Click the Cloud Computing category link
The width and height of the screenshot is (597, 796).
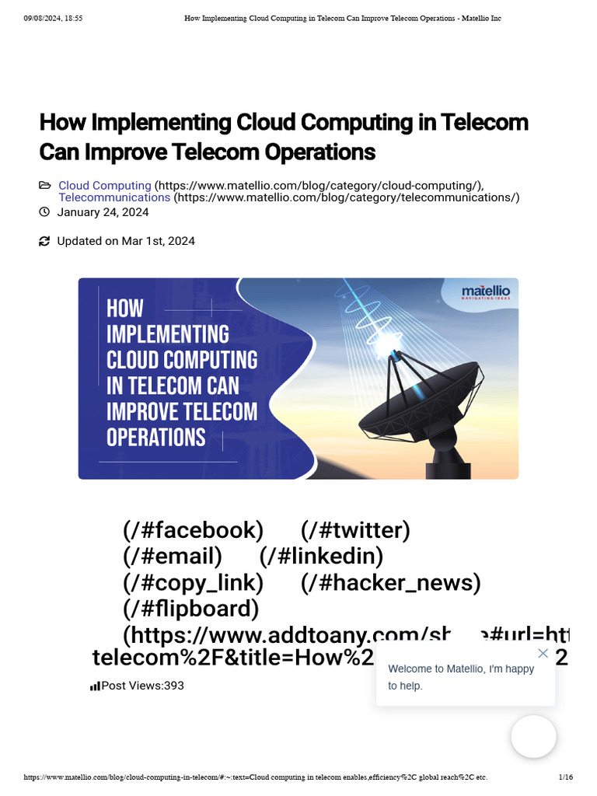pyautogui.click(x=104, y=186)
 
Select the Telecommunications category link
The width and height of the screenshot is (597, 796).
pyautogui.click(x=114, y=197)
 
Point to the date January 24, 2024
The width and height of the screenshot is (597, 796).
pyautogui.click(x=103, y=212)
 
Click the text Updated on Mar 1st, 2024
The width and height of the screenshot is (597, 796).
pyautogui.click(x=126, y=241)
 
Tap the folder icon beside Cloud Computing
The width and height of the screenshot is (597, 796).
pyautogui.click(x=44, y=186)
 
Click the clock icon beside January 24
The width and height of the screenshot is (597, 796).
pyautogui.click(x=44, y=212)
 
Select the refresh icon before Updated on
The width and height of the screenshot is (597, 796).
pyautogui.click(x=44, y=242)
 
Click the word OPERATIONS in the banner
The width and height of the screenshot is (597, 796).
pyautogui.click(x=155, y=437)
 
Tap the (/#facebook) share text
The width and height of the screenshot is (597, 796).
pyautogui.click(x=193, y=530)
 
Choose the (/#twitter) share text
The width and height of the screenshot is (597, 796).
pyautogui.click(x=355, y=530)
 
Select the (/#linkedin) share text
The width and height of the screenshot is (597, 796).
pyautogui.click(x=321, y=556)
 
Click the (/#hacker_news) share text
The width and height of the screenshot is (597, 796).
pyautogui.click(x=390, y=582)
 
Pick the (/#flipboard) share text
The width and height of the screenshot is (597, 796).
pyautogui.click(x=190, y=608)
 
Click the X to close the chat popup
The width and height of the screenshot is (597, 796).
pyautogui.click(x=543, y=653)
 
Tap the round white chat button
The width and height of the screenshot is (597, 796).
pyautogui.click(x=533, y=736)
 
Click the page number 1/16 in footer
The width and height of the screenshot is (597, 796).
pyautogui.click(x=565, y=777)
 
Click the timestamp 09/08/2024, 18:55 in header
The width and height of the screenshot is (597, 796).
pyautogui.click(x=53, y=18)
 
